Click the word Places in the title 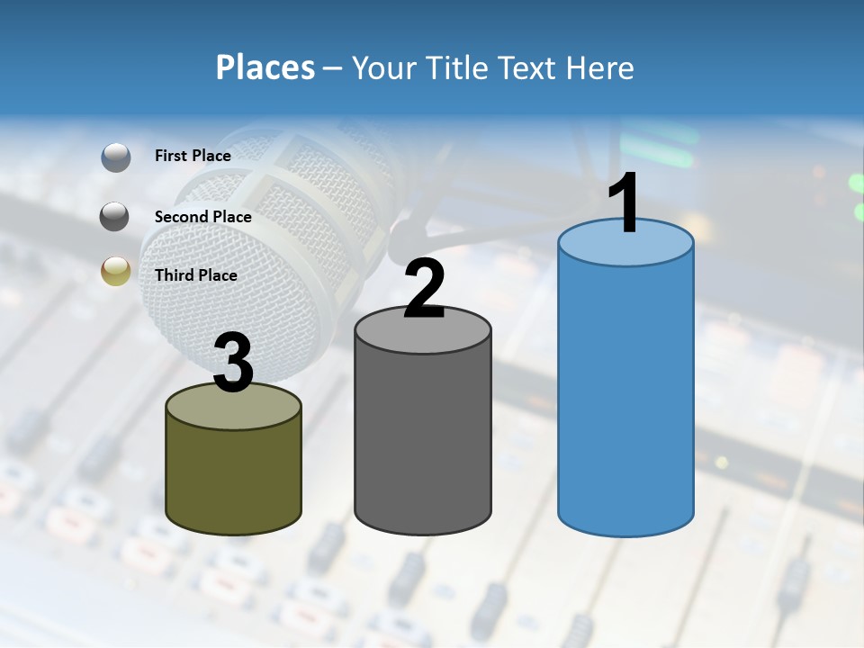click(265, 67)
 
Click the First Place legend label click(193, 156)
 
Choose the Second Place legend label click(202, 216)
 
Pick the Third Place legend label click(195, 275)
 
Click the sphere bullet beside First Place click(116, 157)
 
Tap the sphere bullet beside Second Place click(115, 216)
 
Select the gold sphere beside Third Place click(116, 271)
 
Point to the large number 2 click(424, 289)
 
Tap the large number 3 click(234, 363)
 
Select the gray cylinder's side click(422, 441)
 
